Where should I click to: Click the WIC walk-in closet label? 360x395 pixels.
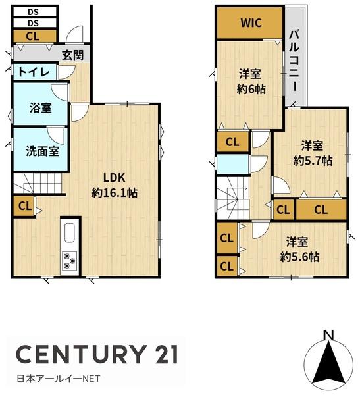tap(251, 23)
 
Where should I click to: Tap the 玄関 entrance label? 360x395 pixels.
tap(72, 55)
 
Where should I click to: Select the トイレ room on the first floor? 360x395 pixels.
tap(34, 72)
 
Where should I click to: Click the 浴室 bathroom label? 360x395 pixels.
tap(40, 107)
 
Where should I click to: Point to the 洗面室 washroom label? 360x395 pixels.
tap(42, 151)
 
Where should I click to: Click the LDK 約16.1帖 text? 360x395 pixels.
tap(115, 186)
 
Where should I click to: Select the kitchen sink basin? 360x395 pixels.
tap(69, 233)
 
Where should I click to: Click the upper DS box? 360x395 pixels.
tap(34, 12)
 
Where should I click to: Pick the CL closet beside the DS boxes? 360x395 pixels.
tap(34, 36)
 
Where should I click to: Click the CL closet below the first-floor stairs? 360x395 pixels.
tap(24, 206)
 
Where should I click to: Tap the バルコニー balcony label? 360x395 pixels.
tap(294, 61)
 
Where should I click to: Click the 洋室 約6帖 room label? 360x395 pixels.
tap(250, 82)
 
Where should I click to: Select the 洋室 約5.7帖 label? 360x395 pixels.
tap(313, 153)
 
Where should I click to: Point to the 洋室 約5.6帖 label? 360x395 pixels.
tap(299, 250)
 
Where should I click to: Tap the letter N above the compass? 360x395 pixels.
tap(329, 335)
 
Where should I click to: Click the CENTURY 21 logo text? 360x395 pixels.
tap(97, 354)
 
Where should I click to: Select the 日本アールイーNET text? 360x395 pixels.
tap(59, 379)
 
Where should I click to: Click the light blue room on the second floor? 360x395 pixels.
tap(232, 164)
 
